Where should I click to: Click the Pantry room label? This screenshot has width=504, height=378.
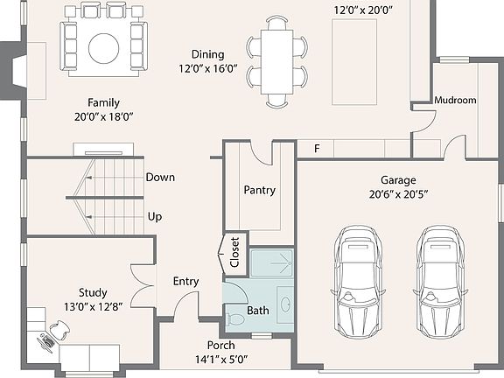tap(259, 190)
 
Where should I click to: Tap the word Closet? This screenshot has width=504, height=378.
tap(234, 252)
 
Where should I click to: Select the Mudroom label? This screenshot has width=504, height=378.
tap(455, 100)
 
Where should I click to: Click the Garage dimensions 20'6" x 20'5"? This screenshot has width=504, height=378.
tap(399, 194)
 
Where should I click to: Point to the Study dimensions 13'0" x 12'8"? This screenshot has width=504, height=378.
tap(94, 306)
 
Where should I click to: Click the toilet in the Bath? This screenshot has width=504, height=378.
tap(235, 319)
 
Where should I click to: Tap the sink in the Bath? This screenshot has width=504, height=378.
tap(285, 304)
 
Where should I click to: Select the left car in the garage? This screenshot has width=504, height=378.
tap(358, 282)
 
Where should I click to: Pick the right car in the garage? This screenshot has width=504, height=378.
tap(441, 282)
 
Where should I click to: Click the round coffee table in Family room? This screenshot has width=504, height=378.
tap(104, 48)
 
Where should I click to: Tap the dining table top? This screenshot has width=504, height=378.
tap(276, 62)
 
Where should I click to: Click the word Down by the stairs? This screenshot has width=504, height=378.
tap(160, 177)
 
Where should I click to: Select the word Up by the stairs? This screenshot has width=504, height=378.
tap(155, 217)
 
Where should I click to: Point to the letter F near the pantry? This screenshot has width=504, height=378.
tap(317, 149)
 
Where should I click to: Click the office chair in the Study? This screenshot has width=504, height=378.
tap(59, 329)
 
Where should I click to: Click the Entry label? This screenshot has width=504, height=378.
tap(185, 282)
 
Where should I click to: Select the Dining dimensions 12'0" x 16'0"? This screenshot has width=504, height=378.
tap(208, 68)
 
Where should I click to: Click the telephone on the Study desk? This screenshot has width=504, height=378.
tap(46, 342)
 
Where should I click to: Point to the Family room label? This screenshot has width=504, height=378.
tap(103, 103)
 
